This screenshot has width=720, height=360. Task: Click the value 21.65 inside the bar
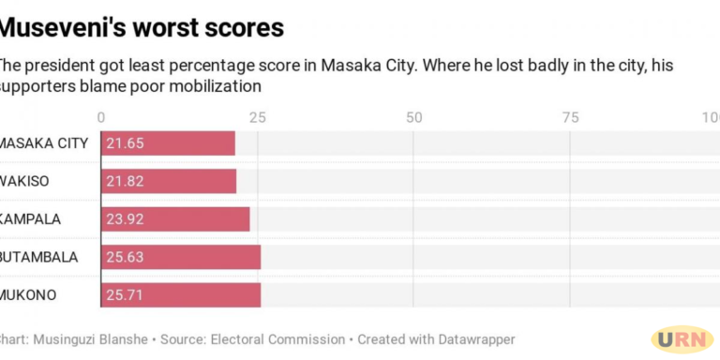click(125, 143)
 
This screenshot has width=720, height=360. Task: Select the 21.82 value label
click(125, 181)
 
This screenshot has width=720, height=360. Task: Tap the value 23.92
click(125, 219)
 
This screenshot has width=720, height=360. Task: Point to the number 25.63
click(125, 257)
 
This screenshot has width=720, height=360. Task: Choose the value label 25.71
click(125, 295)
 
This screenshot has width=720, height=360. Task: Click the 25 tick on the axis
click(257, 117)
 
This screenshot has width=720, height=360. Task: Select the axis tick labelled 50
click(413, 117)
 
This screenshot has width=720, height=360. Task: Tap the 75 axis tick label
click(570, 117)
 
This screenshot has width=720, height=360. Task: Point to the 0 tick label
click(101, 117)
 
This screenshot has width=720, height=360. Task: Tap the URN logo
click(682, 339)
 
